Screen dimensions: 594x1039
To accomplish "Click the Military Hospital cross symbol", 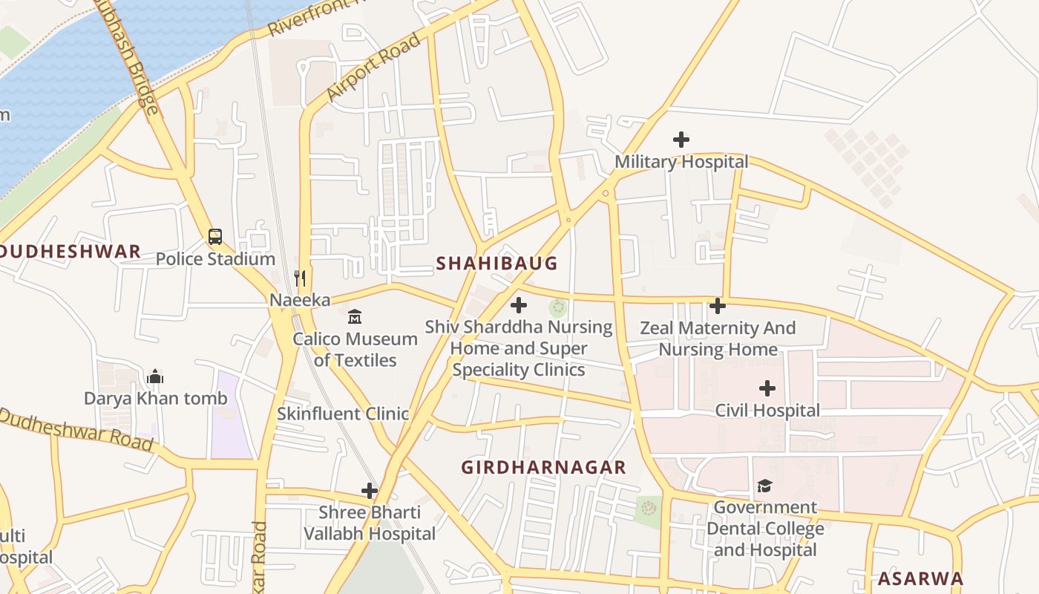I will tap(681, 140).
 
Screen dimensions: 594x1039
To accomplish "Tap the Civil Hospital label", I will tap(767, 411).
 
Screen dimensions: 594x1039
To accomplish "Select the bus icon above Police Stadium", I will tap(215, 238).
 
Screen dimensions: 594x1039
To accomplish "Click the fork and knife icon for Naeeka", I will tap(300, 278).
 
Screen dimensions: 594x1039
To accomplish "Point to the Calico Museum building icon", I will tap(355, 317).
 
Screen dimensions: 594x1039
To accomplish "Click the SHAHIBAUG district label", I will tap(496, 264).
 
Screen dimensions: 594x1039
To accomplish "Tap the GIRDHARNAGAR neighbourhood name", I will tap(543, 468).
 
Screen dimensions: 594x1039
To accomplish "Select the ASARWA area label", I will tap(920, 579).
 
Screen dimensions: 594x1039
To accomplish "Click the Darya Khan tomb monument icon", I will tap(155, 377).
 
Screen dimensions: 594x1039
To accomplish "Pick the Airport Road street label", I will tap(373, 68).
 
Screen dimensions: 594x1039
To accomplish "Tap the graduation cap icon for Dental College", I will tap(764, 486).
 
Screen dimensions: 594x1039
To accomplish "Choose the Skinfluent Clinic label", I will tap(343, 414).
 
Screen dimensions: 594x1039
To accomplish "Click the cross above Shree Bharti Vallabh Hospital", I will tap(370, 491).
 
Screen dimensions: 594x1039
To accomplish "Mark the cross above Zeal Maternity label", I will tap(717, 306).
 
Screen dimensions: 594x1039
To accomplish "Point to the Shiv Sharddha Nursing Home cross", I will tap(519, 305).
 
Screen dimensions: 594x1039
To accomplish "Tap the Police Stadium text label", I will tap(215, 259).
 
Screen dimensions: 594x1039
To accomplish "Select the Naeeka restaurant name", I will tap(300, 300).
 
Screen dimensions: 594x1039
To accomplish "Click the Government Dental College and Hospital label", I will tap(764, 529).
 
